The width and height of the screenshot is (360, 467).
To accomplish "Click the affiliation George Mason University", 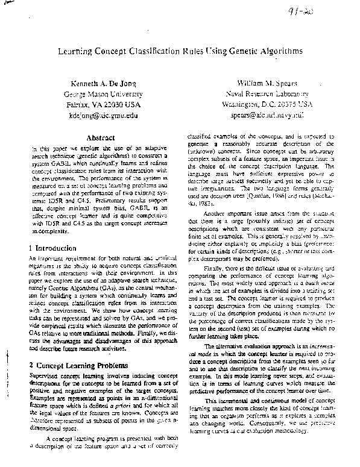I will pyautogui.click(x=103, y=93).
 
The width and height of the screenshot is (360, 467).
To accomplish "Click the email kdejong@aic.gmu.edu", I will pyautogui.click(x=103, y=114).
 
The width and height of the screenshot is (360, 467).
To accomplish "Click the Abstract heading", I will pyautogui.click(x=101, y=138).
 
